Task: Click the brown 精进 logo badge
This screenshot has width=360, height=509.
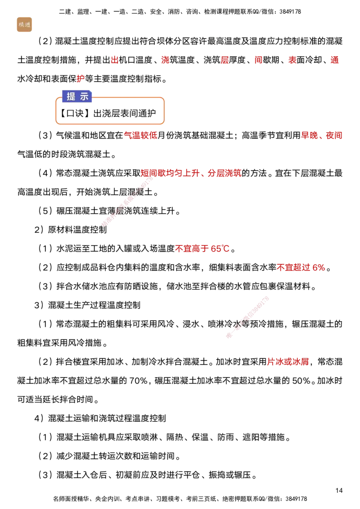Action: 24,25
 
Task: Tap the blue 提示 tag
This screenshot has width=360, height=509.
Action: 77,96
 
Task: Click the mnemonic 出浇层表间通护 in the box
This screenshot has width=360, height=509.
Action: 125,113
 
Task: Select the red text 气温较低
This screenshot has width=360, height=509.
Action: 141,135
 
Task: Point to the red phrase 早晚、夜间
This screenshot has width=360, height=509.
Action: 322,135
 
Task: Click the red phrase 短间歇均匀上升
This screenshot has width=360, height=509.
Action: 170,173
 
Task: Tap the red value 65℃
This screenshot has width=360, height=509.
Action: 220,249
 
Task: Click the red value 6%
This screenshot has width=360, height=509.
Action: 319,268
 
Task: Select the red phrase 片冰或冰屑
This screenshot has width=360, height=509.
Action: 288,362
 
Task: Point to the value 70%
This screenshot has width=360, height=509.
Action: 139,380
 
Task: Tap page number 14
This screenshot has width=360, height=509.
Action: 339,490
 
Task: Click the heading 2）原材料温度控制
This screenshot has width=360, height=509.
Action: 71,230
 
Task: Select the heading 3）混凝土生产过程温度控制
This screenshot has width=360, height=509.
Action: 87,305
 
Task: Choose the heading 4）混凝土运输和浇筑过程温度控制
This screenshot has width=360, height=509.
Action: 100,418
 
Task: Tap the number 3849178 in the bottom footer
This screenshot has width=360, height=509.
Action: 296,499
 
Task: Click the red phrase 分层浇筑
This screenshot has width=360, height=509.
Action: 225,173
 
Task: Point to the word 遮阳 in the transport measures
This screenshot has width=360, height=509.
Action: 251,437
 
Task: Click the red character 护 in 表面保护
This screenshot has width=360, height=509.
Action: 81,79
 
